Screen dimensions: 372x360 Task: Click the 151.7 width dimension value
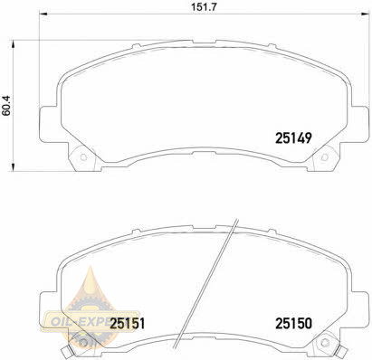coord(205,7)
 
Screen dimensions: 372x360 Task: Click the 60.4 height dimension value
coord(6,106)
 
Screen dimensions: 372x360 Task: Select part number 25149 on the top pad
coord(293,138)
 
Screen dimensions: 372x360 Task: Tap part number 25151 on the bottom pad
coord(128,324)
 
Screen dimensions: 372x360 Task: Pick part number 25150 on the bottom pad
coord(293,324)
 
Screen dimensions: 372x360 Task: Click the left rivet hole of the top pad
coord(83,157)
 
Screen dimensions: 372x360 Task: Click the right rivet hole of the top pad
coord(325,157)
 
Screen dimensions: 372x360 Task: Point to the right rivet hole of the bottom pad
coord(325,342)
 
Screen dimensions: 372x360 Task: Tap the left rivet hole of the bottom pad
coord(84,343)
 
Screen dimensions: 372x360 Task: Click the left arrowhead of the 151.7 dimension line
coord(44,14)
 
